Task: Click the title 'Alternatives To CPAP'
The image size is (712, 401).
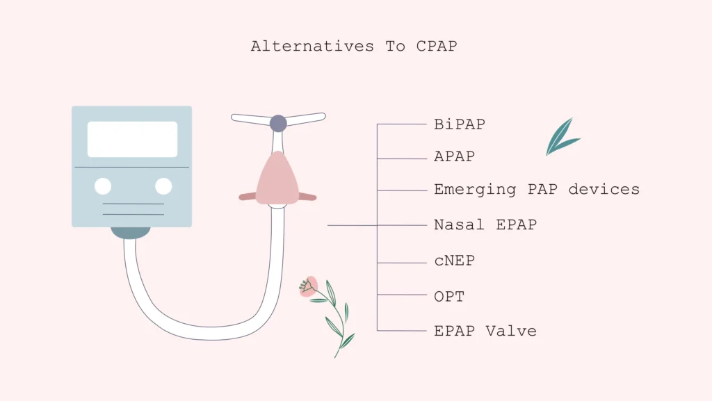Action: tap(354, 47)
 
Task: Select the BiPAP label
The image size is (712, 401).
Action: tap(460, 124)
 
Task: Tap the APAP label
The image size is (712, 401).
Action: tap(455, 157)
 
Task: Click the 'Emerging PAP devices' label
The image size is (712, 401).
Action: tap(537, 189)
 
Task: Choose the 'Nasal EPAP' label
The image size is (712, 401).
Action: tap(485, 224)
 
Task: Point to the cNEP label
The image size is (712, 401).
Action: tap(455, 261)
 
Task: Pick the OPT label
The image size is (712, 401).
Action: tap(449, 297)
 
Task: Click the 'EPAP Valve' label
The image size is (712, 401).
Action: tap(485, 331)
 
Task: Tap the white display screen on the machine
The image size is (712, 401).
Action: tap(132, 139)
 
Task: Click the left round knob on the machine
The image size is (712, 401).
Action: tap(103, 186)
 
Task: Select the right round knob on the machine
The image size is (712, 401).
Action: tap(163, 186)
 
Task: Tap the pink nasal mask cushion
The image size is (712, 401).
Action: tap(277, 179)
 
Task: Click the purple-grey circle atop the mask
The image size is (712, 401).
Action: tap(278, 124)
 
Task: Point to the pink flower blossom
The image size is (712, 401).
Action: tap(309, 286)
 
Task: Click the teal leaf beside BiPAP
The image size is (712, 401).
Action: tap(561, 138)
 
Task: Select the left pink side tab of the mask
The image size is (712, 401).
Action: tap(248, 197)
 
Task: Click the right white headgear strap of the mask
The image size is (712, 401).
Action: tap(305, 117)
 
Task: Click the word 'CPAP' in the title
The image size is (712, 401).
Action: tap(437, 47)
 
